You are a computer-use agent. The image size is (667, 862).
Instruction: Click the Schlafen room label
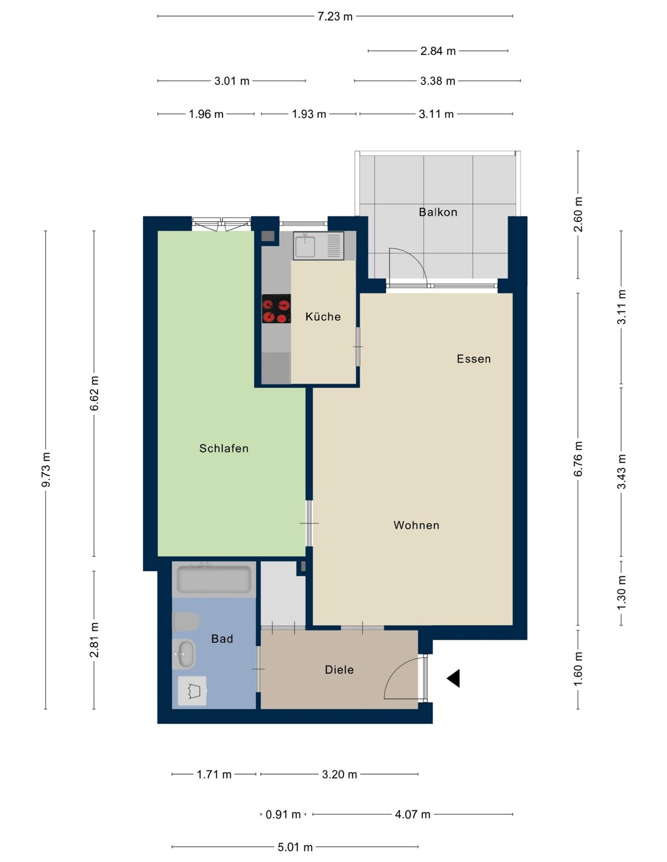tap(223, 448)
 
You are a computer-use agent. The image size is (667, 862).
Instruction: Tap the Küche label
tap(323, 317)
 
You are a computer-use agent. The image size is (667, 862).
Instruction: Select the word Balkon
tap(438, 212)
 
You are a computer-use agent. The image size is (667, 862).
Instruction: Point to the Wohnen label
tap(416, 525)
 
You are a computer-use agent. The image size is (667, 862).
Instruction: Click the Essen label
tap(473, 359)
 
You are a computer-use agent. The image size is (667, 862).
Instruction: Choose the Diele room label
tap(339, 669)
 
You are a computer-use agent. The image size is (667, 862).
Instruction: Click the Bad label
tap(222, 639)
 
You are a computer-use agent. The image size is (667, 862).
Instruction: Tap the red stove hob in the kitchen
tap(276, 309)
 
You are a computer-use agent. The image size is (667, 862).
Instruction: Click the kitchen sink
tap(304, 247)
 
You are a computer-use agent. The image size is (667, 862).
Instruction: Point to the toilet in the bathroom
tap(186, 621)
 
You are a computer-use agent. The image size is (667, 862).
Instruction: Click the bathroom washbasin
tap(184, 654)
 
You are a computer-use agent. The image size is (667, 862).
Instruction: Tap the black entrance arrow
tap(454, 679)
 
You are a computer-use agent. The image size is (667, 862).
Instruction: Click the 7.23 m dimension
tap(335, 17)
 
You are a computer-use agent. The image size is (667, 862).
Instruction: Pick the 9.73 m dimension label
tap(46, 470)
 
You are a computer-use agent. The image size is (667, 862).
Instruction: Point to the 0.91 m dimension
tap(283, 814)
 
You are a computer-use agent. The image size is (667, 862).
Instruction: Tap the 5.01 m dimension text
tap(295, 847)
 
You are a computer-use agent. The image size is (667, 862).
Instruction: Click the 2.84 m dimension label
tap(438, 51)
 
